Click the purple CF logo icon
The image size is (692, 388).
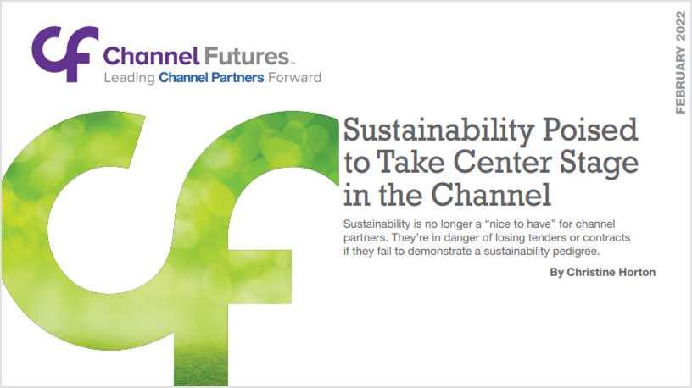tap(64, 53)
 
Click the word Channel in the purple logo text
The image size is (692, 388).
tap(150, 58)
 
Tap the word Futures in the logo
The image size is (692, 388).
tap(247, 58)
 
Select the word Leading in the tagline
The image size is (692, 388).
tap(129, 78)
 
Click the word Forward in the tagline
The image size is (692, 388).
tap(293, 78)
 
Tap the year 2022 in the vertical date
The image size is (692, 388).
tap(680, 25)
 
